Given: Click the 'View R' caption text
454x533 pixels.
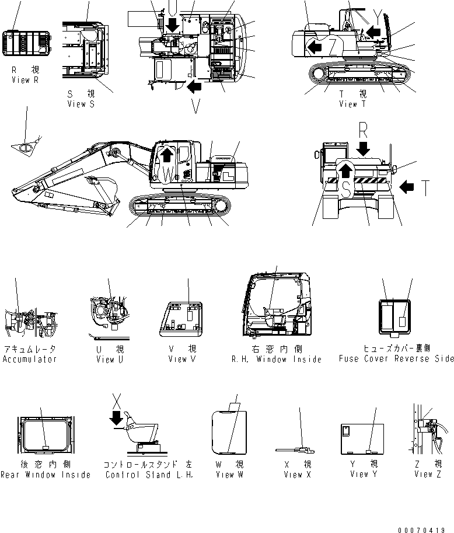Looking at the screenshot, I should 25,80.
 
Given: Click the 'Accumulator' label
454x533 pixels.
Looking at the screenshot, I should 30,359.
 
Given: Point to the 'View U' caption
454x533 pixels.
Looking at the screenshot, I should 109,360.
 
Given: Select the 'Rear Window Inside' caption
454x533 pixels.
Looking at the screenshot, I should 45,475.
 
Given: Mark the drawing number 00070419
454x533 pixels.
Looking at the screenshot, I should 425,529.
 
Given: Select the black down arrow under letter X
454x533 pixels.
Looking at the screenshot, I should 117,417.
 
